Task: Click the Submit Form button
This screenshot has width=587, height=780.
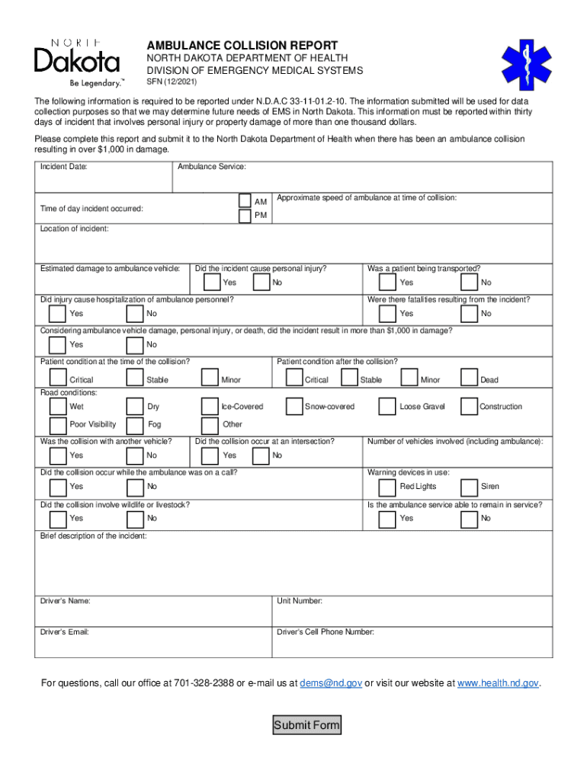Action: [306, 724]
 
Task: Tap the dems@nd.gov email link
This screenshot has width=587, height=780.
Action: [331, 683]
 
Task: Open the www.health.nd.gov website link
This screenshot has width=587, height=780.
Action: [499, 683]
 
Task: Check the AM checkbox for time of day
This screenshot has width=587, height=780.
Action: [244, 200]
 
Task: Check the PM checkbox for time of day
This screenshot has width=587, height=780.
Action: [244, 216]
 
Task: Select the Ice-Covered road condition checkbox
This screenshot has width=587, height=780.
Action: [210, 407]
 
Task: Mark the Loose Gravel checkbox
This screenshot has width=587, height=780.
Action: [387, 407]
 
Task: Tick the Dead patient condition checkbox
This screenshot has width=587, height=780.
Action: [469, 378]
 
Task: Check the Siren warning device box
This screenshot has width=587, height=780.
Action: [469, 486]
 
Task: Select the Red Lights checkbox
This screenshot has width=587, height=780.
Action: [387, 486]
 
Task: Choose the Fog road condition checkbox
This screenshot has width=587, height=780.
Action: [135, 425]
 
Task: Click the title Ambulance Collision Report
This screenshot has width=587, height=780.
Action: [242, 46]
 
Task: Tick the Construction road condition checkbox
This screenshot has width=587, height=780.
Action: [469, 407]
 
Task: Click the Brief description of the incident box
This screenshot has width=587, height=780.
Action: [293, 567]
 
